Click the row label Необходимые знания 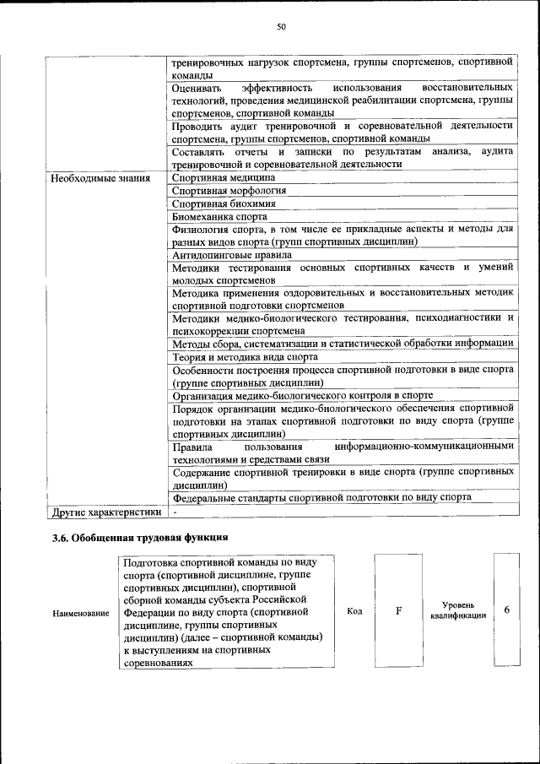click(100, 178)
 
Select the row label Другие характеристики click(106, 512)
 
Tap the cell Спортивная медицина click(224, 178)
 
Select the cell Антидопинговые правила click(232, 254)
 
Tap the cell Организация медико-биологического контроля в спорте click(302, 394)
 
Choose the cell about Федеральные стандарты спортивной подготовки click(321, 497)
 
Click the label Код click(354, 611)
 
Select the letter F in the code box click(398, 611)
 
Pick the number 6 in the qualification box click(506, 610)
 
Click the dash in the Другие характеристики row click(174, 512)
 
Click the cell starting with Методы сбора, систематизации click(342, 344)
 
